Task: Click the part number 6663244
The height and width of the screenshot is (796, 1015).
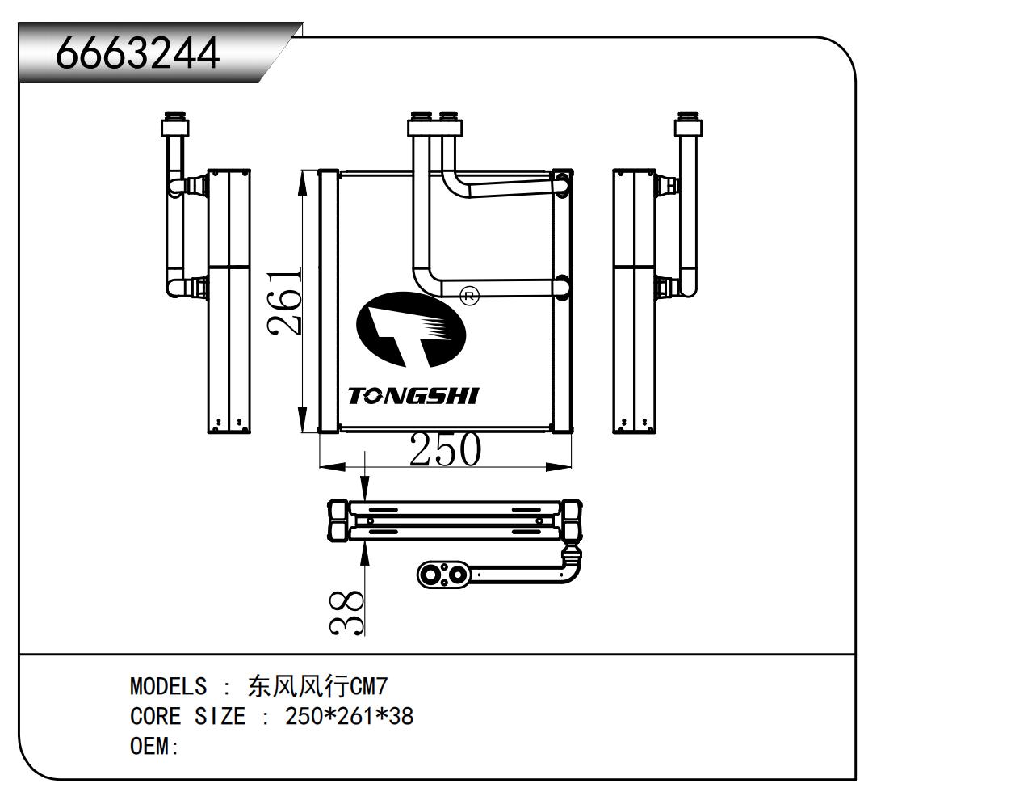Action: [137, 53]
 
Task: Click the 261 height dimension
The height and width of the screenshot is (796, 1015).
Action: [285, 301]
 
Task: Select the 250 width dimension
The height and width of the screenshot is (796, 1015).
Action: [445, 450]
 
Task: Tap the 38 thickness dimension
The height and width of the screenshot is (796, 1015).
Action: [348, 612]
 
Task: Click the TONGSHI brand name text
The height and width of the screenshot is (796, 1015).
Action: [413, 396]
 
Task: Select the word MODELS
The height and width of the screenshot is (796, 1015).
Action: [168, 687]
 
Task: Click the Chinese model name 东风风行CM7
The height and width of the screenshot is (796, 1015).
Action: [317, 687]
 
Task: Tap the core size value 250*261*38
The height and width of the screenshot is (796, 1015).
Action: [349, 716]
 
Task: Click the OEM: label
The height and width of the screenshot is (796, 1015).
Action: [153, 746]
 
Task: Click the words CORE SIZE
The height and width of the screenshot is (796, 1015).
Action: [187, 716]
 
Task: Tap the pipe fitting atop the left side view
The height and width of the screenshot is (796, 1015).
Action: [175, 124]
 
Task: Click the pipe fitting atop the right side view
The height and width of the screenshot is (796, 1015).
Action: [688, 124]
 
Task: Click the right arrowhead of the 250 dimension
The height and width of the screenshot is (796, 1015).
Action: [558, 467]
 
